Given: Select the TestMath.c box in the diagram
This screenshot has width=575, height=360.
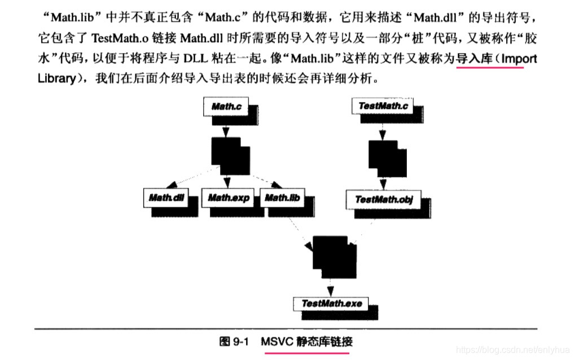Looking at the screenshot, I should coord(384,106).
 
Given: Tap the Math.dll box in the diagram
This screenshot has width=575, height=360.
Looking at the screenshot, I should coord(167,197).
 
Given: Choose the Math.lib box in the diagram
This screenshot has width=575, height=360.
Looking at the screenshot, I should coord(282,197).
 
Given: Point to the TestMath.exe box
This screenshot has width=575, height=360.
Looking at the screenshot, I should coord(331,303).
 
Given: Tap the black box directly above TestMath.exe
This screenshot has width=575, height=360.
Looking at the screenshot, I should coord(333,255).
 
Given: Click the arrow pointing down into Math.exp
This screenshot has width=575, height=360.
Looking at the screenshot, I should coord(226,182).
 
